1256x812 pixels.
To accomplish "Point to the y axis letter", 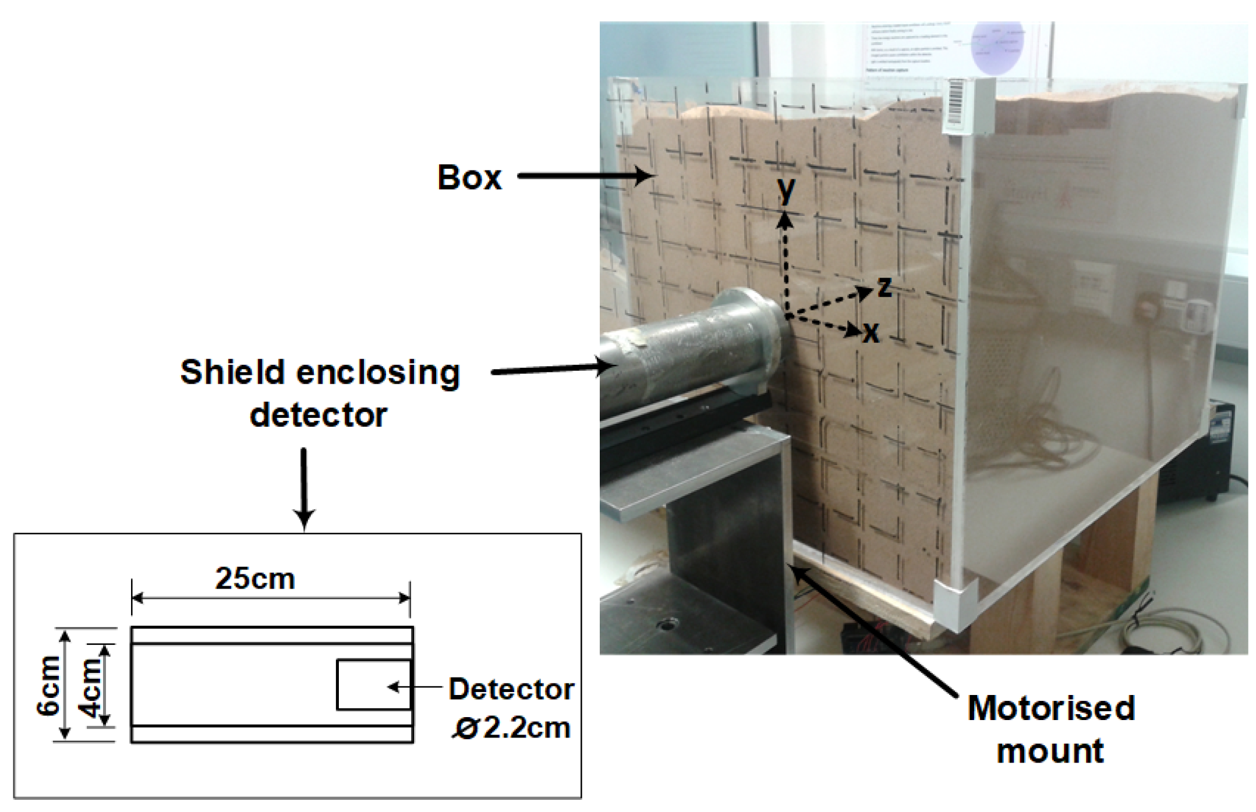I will click(x=787, y=190).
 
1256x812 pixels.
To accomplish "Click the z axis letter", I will click(x=884, y=286).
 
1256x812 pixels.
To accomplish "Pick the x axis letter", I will click(x=871, y=333).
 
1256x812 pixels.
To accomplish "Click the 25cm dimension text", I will click(x=255, y=578).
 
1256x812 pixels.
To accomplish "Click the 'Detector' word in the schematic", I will click(x=511, y=689).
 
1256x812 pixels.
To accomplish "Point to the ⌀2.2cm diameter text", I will click(x=511, y=728).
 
